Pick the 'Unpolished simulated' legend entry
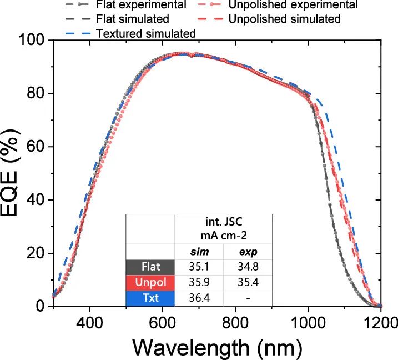[291, 19]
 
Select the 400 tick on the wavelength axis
[89, 322]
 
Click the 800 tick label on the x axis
[236, 322]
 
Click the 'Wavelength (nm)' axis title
[217, 347]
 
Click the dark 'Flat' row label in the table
[150, 267]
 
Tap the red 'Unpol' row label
[150, 283]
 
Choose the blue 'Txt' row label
[150, 298]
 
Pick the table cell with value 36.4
[199, 298]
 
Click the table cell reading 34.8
[248, 267]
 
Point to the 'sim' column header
[199, 252]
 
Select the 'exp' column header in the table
[248, 252]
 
